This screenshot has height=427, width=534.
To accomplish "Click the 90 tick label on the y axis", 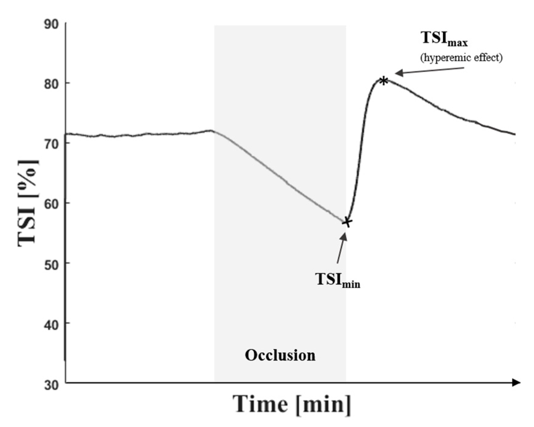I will [51, 24].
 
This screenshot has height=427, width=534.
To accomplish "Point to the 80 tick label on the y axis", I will [51, 84].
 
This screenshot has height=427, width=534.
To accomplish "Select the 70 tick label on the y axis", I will [51, 144].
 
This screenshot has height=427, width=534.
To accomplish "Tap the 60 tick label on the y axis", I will [51, 204].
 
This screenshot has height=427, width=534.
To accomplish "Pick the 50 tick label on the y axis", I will [51, 264].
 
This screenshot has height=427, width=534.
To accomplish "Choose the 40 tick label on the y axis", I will [51, 324].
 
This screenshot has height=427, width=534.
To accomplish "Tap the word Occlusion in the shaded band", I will [280, 355].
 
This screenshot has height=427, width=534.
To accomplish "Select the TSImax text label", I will [444, 39].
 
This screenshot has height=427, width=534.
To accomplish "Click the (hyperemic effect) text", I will [461, 58].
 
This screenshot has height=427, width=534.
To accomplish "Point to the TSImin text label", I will [337, 280].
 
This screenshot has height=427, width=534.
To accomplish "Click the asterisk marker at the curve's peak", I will [384, 81].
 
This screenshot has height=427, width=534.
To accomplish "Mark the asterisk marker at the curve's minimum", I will [347, 222].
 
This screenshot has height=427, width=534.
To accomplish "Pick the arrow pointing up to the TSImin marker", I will [342, 248].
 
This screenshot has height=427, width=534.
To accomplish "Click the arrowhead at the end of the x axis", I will [516, 382].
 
